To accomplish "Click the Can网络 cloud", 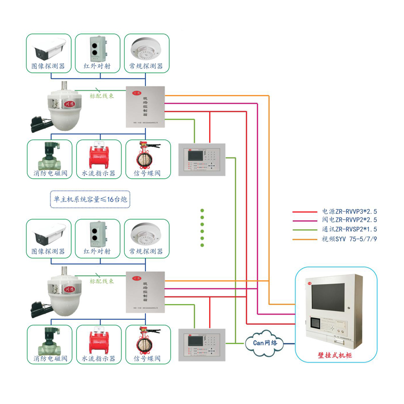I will click(265, 342).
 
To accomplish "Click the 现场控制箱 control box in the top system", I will click(145, 107).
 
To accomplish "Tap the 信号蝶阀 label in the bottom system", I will click(146, 359).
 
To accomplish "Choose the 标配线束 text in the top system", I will click(102, 95).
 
